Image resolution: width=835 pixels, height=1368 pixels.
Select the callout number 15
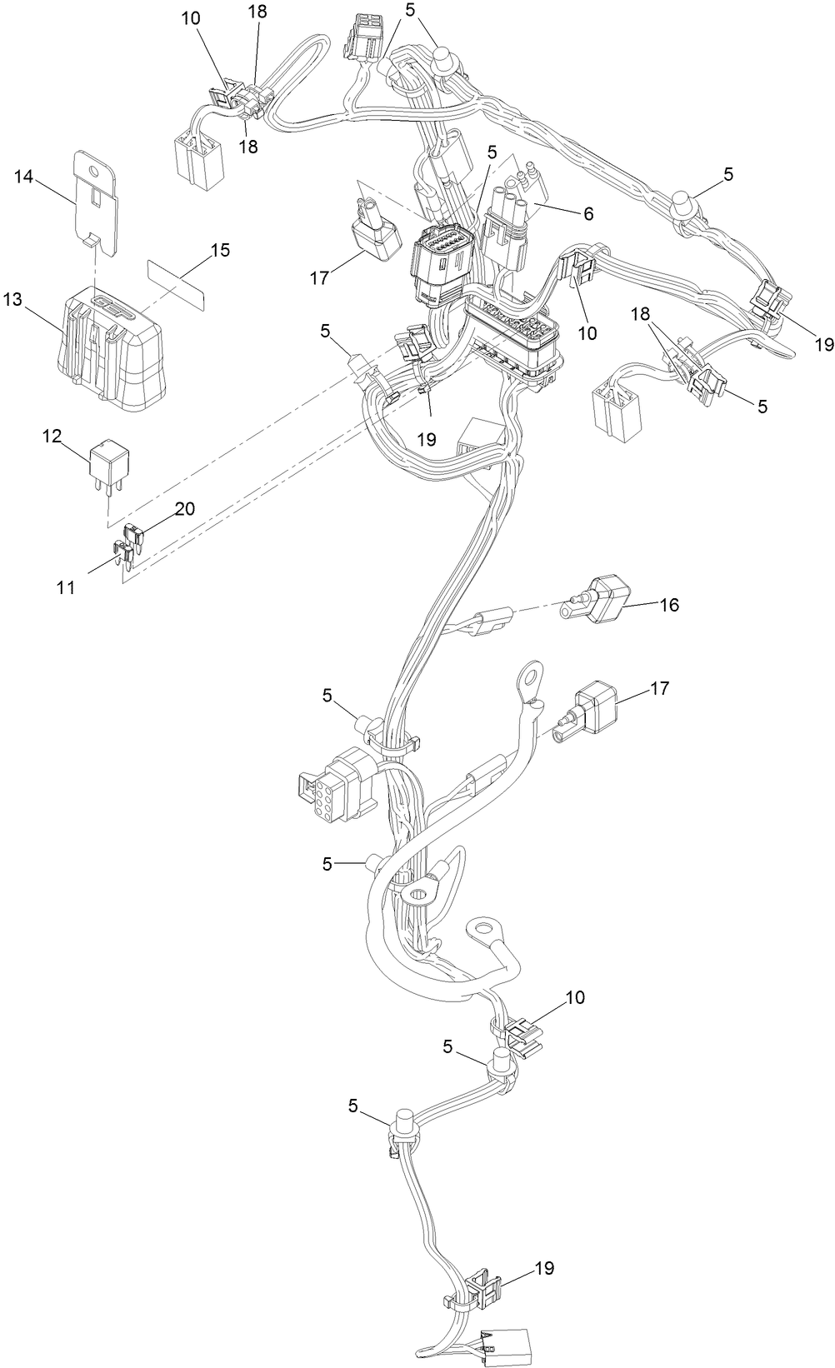(220, 250)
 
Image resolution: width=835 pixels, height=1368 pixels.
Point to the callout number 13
(13, 299)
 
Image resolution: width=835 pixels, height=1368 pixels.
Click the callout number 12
(52, 436)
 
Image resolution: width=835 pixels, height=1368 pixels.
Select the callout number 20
(184, 509)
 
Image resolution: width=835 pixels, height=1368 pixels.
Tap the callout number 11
(66, 588)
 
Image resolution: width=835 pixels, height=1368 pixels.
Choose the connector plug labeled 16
(604, 599)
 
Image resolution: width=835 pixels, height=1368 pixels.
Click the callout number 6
(587, 213)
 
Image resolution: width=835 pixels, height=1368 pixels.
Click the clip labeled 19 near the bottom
(485, 1288)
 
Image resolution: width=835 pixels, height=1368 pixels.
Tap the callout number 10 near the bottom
(574, 997)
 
